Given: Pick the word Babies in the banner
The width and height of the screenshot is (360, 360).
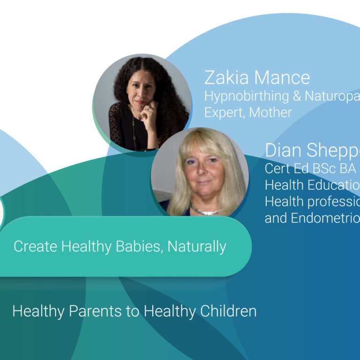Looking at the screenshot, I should pyautogui.click(x=135, y=246).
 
